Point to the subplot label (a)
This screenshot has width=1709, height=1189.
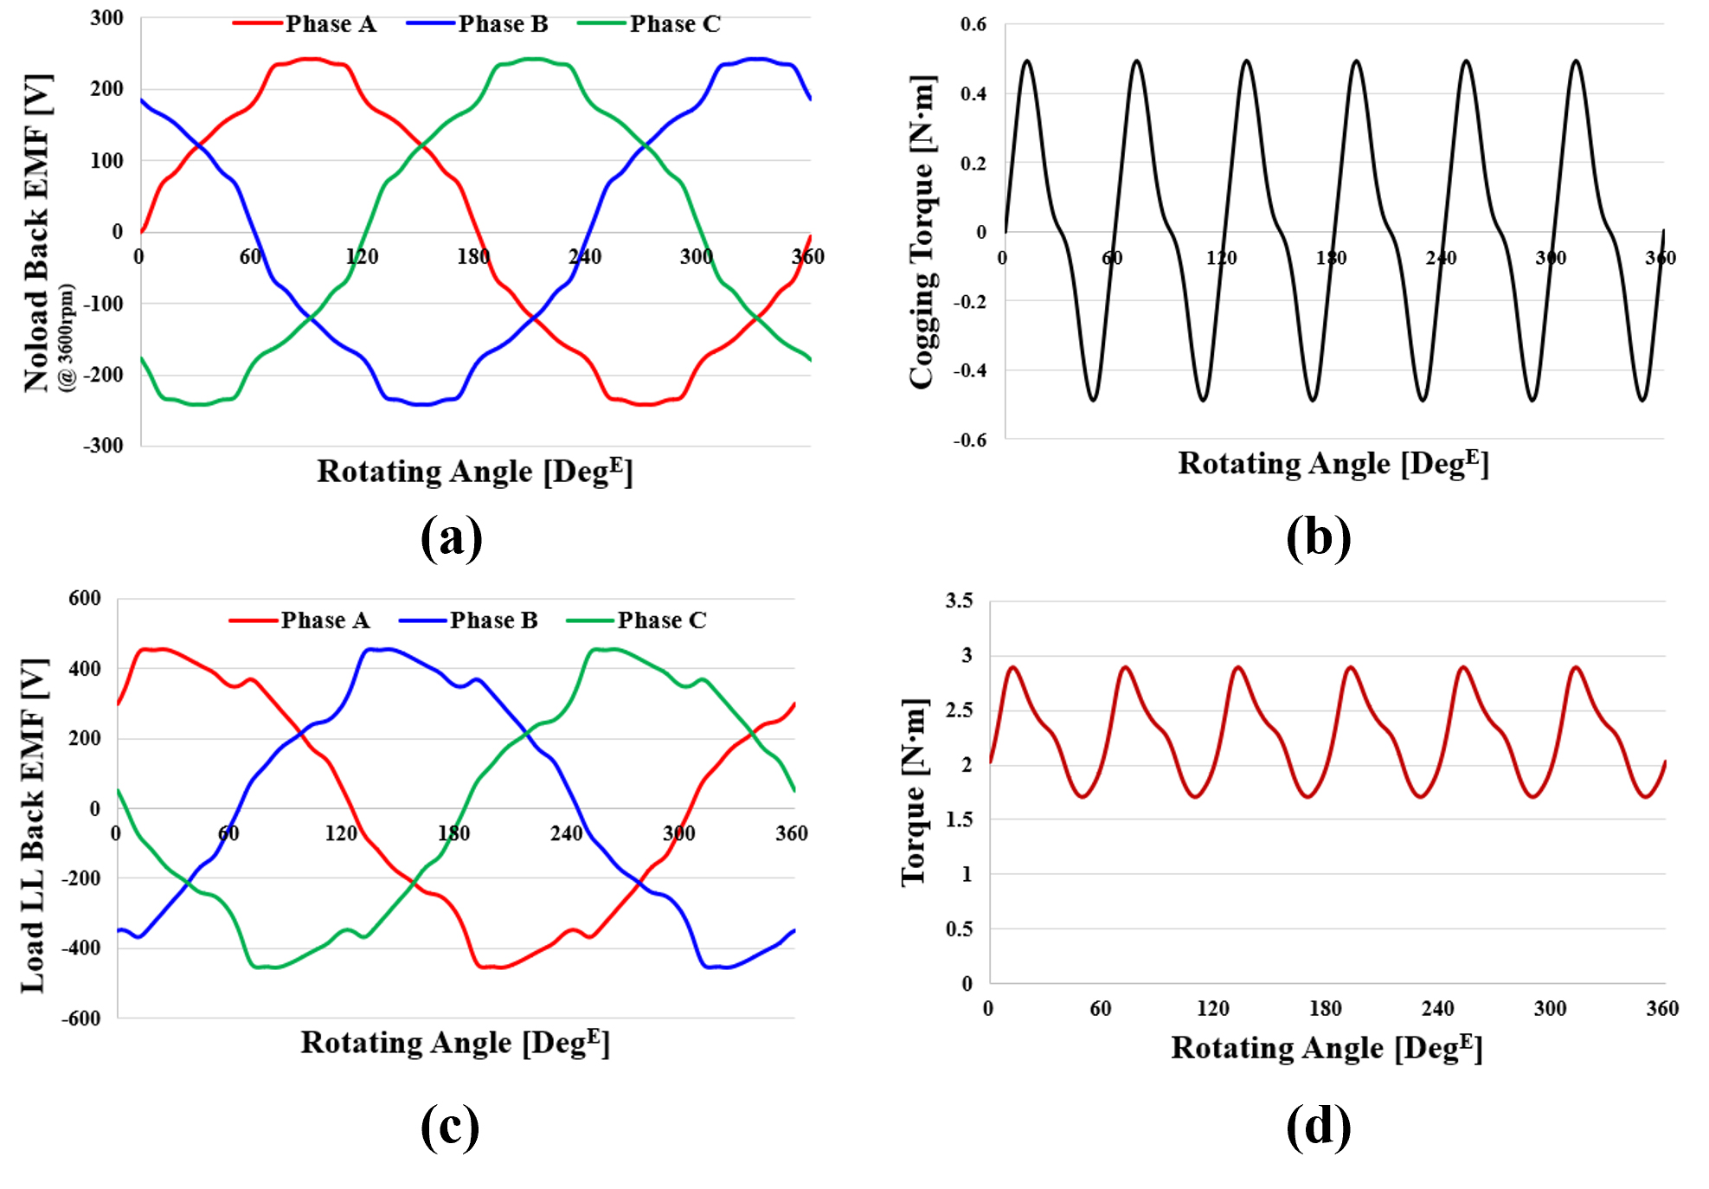(x=451, y=537)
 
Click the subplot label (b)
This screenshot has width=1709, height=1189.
(x=1318, y=537)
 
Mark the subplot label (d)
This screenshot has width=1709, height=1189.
(x=1318, y=1126)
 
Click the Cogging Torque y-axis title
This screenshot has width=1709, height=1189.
(x=923, y=232)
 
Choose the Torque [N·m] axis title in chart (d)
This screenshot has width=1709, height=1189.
(x=915, y=792)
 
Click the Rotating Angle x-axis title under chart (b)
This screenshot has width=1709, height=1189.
(x=1333, y=464)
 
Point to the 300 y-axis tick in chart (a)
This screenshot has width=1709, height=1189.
(x=106, y=18)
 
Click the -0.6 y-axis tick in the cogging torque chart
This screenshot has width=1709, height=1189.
(x=970, y=440)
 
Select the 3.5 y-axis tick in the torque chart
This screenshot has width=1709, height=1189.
(x=959, y=601)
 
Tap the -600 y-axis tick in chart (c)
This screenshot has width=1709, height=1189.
(x=80, y=1019)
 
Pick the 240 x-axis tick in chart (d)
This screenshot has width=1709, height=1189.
(x=1437, y=1009)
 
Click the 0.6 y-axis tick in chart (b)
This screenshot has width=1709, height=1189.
(x=973, y=24)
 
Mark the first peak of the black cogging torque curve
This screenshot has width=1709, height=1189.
(x=1027, y=61)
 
